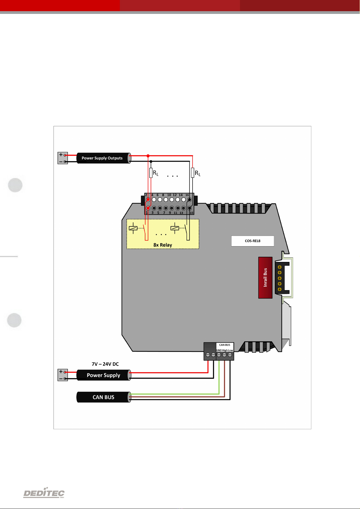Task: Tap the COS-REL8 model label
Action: [x=252, y=241]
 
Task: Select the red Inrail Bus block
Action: [x=265, y=278]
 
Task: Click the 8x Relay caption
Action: [x=163, y=245]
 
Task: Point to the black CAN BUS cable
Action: [x=103, y=397]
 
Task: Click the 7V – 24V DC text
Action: [x=105, y=364]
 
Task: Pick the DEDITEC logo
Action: [x=44, y=493]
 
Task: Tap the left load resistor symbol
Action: [x=151, y=173]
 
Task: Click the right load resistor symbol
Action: [x=193, y=173]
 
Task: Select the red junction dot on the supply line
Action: [x=148, y=156]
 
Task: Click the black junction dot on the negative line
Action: [x=151, y=162]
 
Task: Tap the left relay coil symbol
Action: [x=133, y=228]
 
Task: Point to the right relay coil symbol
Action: [x=175, y=228]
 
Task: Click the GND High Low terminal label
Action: [x=225, y=350]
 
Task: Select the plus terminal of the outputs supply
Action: [x=64, y=155]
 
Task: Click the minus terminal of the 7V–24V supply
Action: [x=64, y=379]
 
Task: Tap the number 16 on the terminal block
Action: [x=187, y=195]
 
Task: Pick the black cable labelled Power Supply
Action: [x=103, y=375]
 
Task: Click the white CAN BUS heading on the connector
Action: [x=225, y=345]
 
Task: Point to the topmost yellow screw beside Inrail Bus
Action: [x=280, y=267]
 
